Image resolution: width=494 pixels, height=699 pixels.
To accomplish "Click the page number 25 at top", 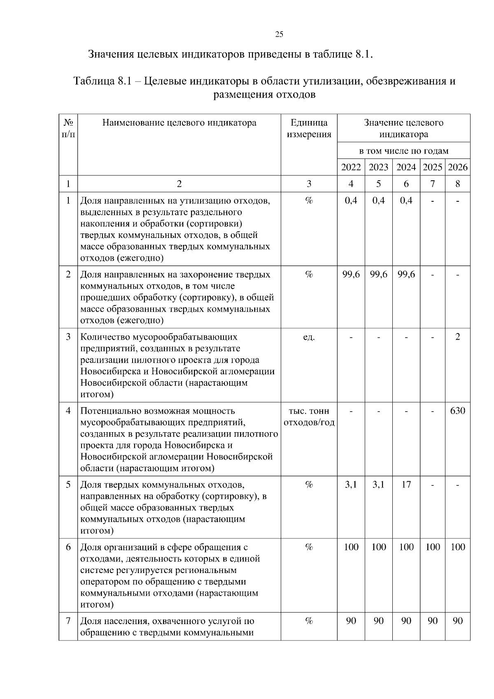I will [279, 35].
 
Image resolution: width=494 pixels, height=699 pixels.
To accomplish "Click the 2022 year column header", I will [351, 167].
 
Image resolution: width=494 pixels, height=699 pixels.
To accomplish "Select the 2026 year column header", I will [457, 167].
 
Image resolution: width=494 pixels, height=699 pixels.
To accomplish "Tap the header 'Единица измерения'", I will [309, 128].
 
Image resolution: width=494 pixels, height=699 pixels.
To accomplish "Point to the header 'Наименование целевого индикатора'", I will [179, 123].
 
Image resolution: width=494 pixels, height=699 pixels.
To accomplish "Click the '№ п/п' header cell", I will [68, 128].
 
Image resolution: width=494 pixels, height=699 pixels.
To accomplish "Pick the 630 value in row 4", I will [457, 411].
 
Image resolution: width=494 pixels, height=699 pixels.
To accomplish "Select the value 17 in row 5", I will [406, 485].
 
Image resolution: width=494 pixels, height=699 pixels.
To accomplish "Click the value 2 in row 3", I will [457, 337].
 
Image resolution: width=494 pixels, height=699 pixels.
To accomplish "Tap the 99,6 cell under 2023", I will [378, 275].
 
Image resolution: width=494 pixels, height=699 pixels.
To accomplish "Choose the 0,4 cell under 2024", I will [406, 200].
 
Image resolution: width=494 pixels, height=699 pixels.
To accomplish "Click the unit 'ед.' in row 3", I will [309, 337].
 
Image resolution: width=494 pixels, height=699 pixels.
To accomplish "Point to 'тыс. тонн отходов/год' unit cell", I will [309, 417].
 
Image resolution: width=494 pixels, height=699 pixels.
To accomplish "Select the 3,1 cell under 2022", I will [351, 485].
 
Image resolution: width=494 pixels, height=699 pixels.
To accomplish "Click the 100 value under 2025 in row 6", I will [432, 547].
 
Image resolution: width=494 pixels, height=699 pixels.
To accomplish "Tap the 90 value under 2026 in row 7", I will [457, 621].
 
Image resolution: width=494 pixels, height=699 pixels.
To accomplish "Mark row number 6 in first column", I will [68, 547].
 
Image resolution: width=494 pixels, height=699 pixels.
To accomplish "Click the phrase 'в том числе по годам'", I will [403, 151].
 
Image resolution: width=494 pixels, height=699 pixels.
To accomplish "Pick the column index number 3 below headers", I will [309, 184].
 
